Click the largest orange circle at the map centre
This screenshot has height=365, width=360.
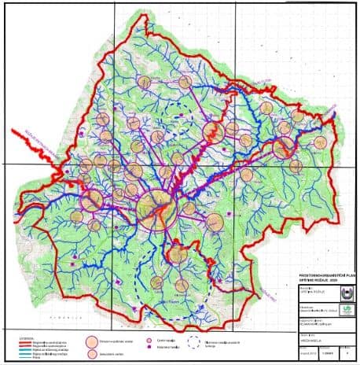(x=156, y=208)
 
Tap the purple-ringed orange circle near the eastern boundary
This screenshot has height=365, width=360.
(x=283, y=147)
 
